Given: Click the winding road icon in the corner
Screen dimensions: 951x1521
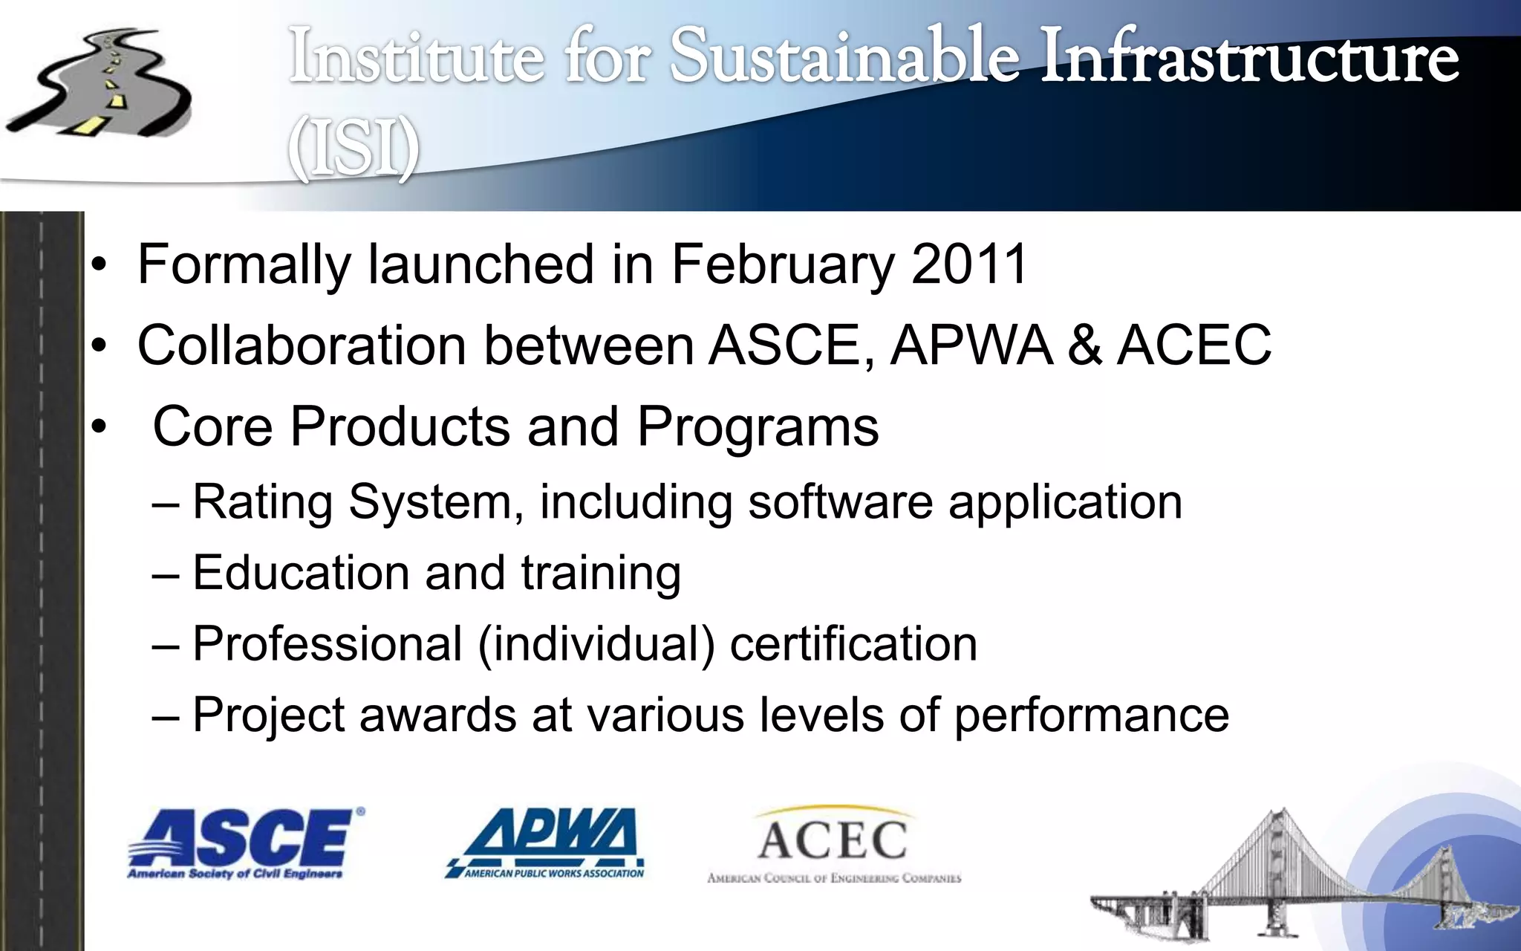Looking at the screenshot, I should click(x=100, y=85).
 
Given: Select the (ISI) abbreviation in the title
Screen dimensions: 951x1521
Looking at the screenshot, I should click(x=354, y=149).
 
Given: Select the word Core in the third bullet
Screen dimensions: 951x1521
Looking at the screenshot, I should click(x=212, y=426).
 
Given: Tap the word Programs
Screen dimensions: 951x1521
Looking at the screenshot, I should click(x=758, y=428).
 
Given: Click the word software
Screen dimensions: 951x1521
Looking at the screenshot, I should click(x=840, y=502).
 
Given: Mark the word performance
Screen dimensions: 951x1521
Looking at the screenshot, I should click(x=1091, y=715).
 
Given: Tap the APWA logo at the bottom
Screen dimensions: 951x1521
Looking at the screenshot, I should click(x=546, y=843).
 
